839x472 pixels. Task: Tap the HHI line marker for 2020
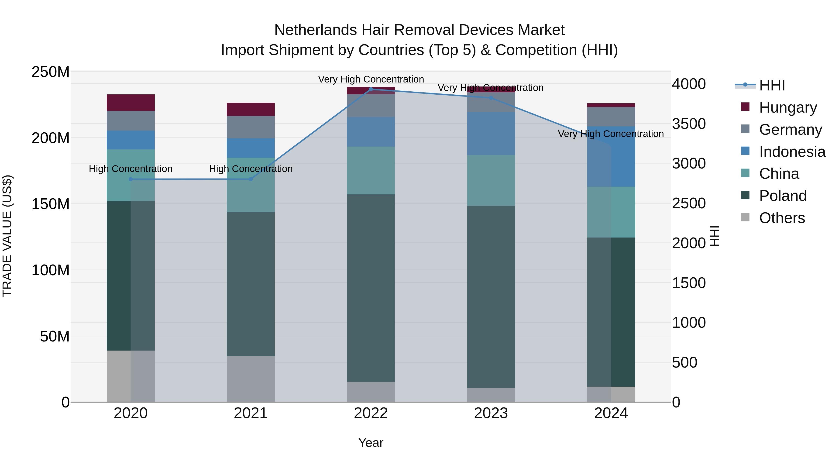point(131,179)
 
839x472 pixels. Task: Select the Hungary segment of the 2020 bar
point(131,103)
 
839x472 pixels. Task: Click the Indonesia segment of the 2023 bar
point(491,133)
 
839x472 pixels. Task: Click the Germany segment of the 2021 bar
point(251,127)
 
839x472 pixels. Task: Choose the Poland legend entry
point(783,196)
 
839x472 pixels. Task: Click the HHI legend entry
point(772,85)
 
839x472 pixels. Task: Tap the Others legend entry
point(782,218)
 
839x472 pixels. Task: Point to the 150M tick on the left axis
point(51,204)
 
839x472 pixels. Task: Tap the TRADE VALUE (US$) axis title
point(7,236)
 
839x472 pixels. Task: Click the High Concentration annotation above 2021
point(251,169)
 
